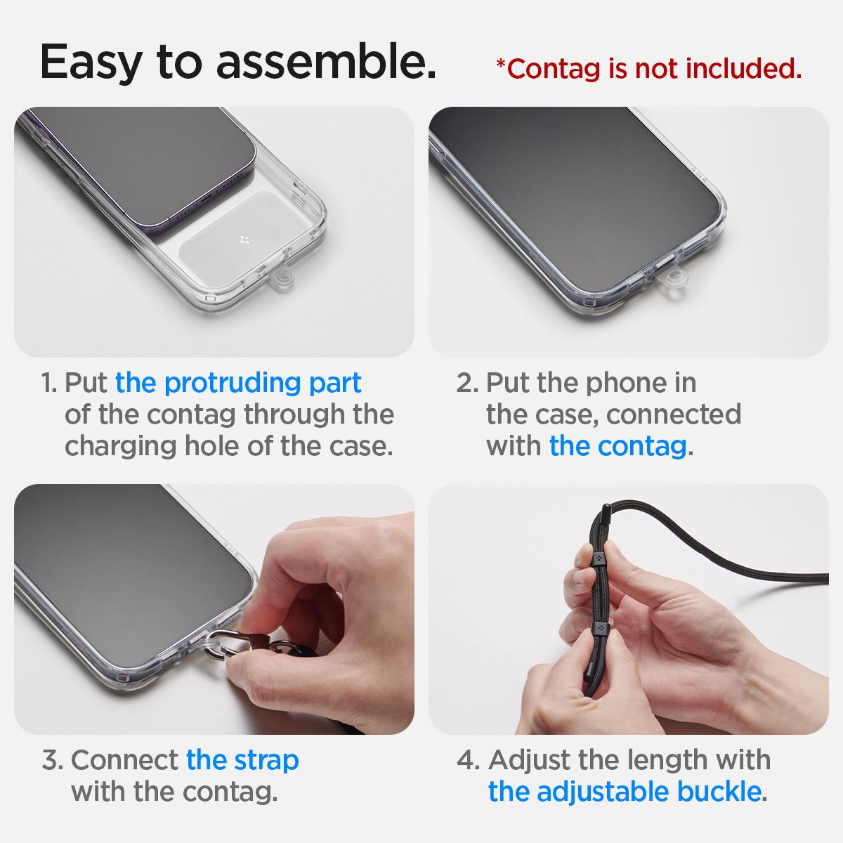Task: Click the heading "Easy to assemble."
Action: (237, 62)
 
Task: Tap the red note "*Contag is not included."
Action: (648, 69)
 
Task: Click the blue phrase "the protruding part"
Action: (238, 383)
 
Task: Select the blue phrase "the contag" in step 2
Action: (617, 446)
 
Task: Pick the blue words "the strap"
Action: (242, 760)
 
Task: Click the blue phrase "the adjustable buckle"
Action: (624, 792)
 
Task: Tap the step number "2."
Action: (467, 384)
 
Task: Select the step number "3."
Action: (53, 760)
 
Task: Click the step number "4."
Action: (468, 760)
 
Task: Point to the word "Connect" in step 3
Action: (124, 760)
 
